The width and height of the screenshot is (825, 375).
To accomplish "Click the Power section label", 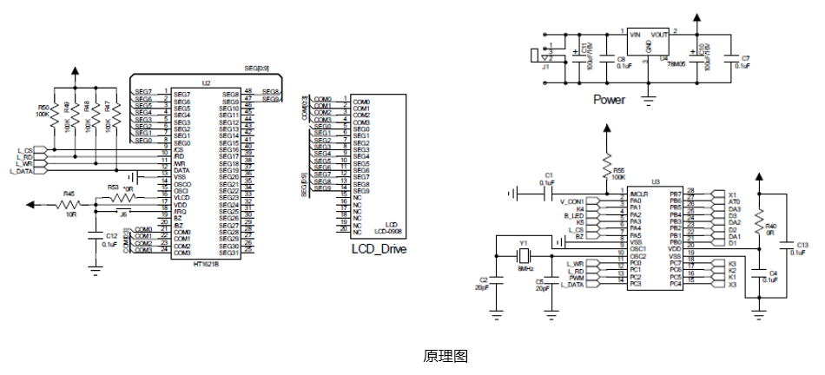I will pos(609,100).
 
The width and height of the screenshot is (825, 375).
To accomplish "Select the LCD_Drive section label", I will pos(379,249).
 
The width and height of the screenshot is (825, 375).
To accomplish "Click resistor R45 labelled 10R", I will pos(68,205).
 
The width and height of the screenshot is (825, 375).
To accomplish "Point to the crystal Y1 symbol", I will pos(524,256).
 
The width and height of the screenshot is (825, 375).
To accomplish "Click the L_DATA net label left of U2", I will pos(21,171).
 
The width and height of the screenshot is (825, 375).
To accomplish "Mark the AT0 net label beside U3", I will pos(735,201).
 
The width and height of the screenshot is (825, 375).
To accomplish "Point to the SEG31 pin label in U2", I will pos(229,253).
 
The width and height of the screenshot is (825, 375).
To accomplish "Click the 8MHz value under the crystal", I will pos(525,269).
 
